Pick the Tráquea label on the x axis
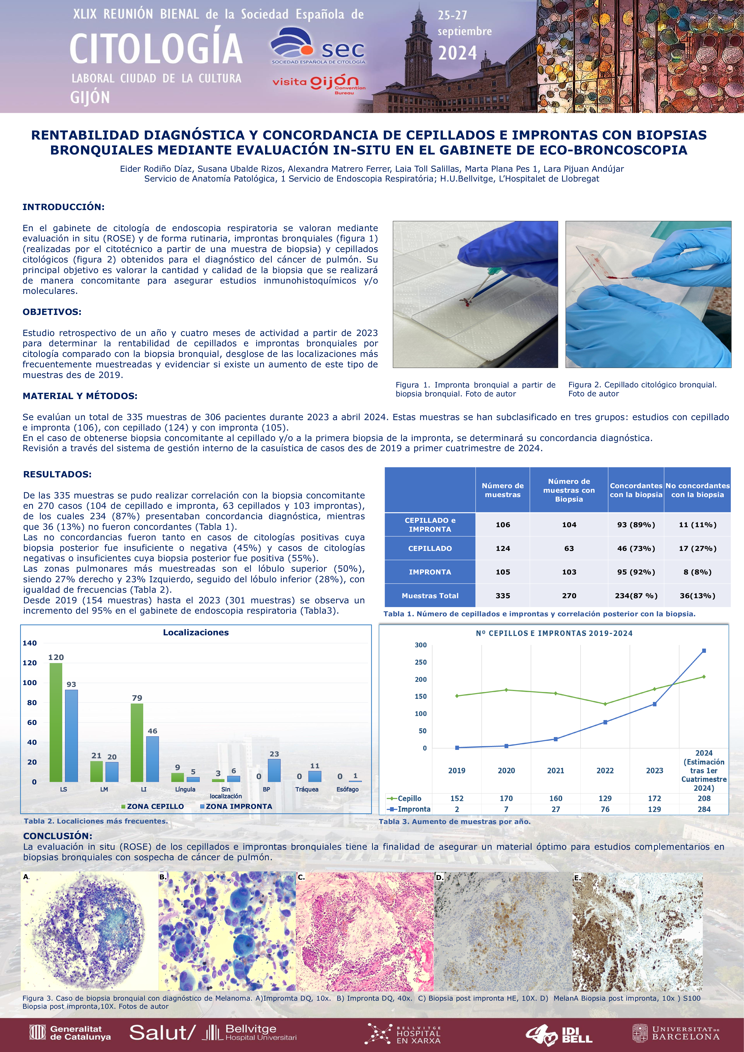click(x=307, y=790)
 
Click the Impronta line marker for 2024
click(x=704, y=651)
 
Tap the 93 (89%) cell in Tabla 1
click(x=636, y=525)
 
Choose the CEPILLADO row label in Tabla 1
click(x=430, y=548)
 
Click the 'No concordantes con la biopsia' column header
click(x=697, y=490)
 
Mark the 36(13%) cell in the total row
click(x=697, y=596)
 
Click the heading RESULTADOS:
click(x=57, y=474)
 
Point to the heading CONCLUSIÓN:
click(x=58, y=836)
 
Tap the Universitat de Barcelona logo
click(x=676, y=1033)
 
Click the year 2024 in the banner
click(x=457, y=53)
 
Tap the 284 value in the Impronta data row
click(x=704, y=809)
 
